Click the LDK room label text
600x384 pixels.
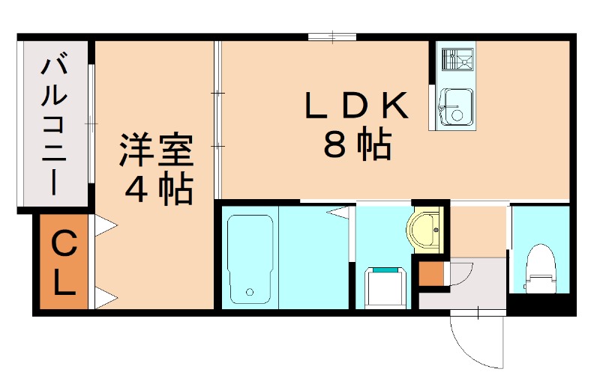(355, 107)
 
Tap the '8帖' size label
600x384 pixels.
(357, 146)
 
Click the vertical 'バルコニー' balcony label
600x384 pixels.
(53, 125)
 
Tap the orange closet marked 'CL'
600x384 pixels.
(64, 262)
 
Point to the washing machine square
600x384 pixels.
(385, 287)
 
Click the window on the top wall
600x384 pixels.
(331, 35)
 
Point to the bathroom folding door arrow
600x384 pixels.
(339, 214)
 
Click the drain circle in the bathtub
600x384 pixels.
(250, 291)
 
